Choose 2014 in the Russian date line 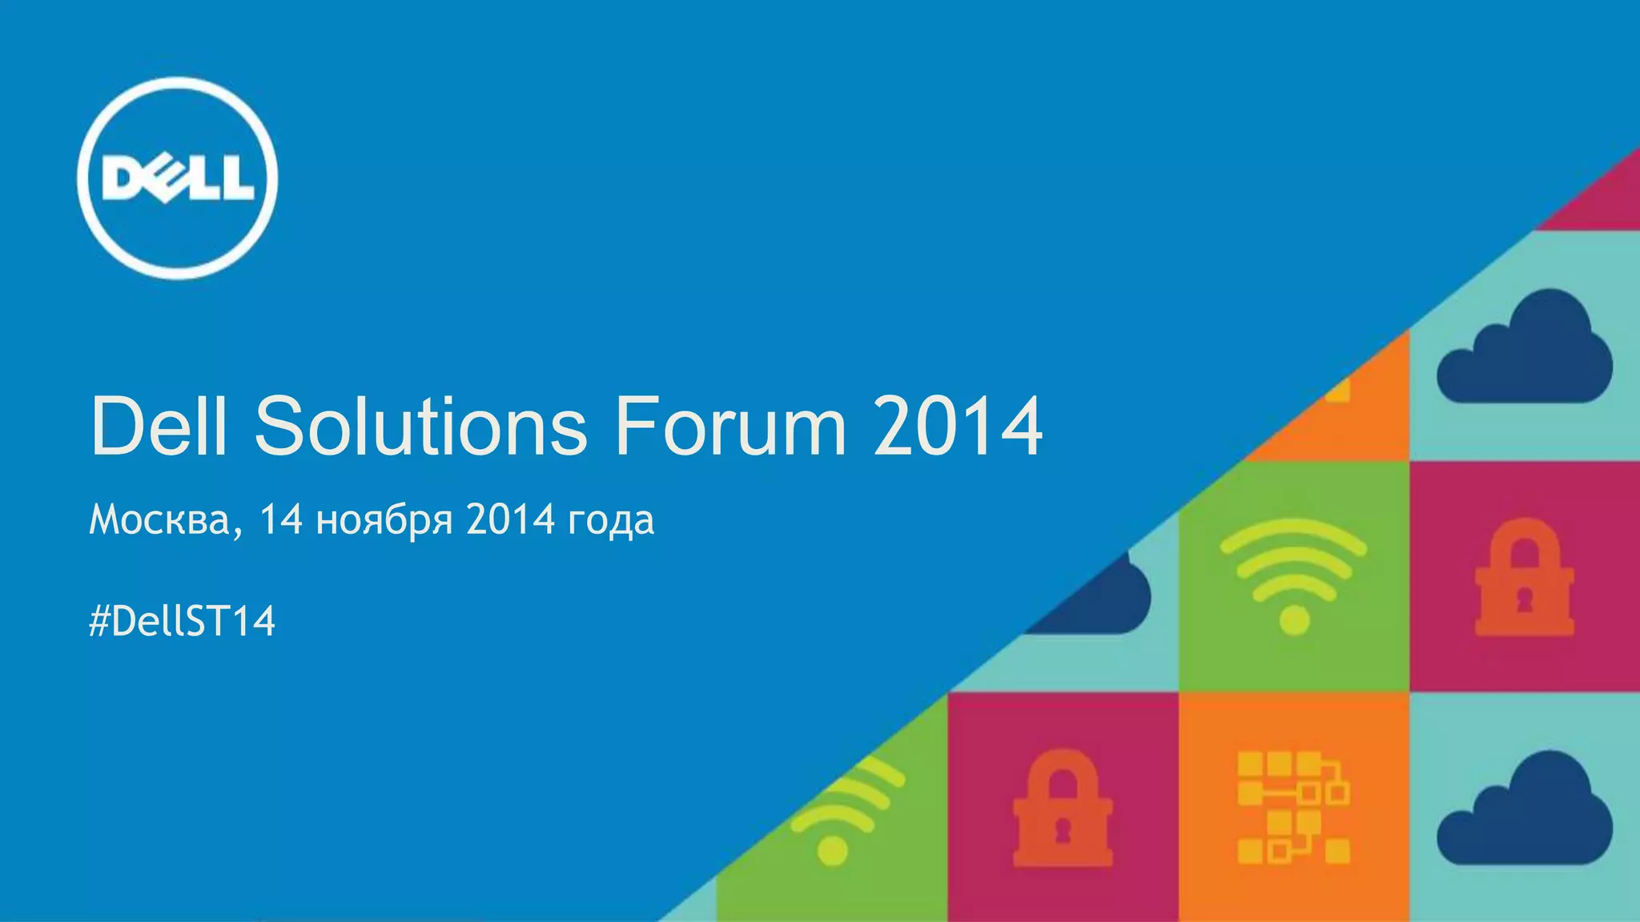511,520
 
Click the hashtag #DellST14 183,621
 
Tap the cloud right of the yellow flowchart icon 1524,808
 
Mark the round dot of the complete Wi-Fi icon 1294,619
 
